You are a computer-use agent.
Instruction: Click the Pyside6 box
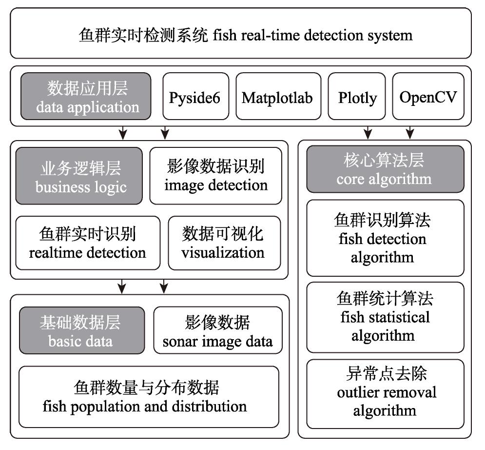pos(196,96)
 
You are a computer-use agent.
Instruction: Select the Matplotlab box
pos(278,96)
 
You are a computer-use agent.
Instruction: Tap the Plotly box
pos(357,96)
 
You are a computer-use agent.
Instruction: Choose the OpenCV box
pos(428,96)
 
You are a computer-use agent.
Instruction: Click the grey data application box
pos(86,96)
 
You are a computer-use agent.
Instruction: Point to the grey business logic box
pos(79,176)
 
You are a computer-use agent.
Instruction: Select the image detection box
pos(216,176)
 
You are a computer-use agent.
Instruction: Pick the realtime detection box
pos(88,243)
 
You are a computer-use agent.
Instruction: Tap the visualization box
pos(225,243)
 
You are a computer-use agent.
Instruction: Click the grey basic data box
pos(82,330)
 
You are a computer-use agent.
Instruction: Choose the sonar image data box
pos(218,330)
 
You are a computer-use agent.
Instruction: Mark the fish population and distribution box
pos(149,397)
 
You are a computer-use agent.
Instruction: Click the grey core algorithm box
pos(386,169)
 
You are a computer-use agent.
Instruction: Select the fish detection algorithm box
pos(386,238)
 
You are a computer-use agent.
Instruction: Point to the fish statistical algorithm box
pos(386,317)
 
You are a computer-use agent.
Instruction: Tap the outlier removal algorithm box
pos(386,394)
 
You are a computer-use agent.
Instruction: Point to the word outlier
pos(356,392)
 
